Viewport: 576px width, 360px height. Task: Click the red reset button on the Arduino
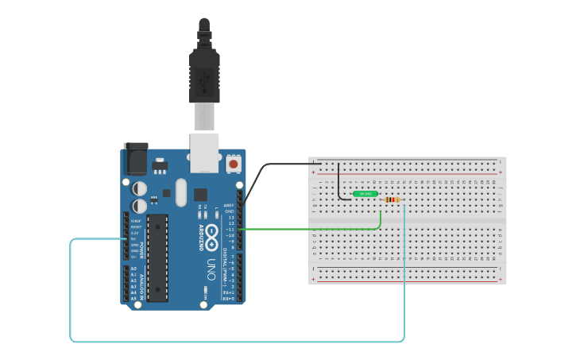[x=234, y=165]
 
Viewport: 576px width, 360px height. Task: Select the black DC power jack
[x=136, y=158]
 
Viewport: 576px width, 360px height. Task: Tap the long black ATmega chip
[x=157, y=257]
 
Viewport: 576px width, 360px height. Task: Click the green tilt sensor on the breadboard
[x=365, y=193]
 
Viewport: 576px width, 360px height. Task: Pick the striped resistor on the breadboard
[x=392, y=199]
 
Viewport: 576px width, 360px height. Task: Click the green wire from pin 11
[x=318, y=230]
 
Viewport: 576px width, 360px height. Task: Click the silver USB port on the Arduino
[x=204, y=153]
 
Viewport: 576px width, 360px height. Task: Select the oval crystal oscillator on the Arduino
[x=181, y=192]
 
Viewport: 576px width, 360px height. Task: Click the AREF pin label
[x=229, y=205]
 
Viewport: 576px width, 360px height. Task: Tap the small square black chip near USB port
[x=200, y=193]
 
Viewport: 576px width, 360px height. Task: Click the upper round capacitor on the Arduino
[x=139, y=188]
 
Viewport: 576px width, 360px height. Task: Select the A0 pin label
[x=133, y=269]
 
